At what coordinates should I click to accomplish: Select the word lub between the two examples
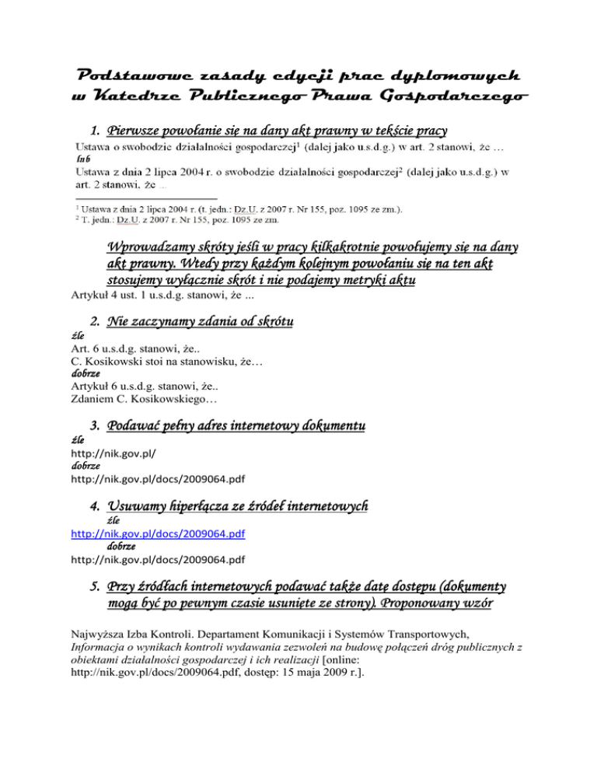tap(83, 159)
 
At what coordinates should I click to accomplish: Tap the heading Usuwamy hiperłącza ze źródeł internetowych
tap(237, 506)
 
